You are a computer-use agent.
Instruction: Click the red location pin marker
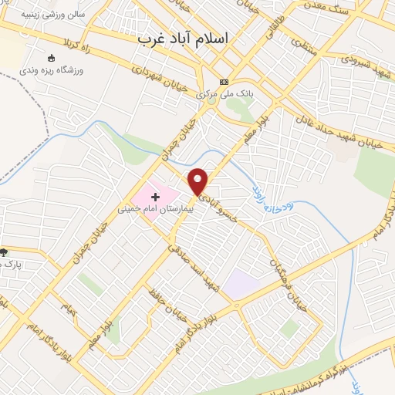pos(199,182)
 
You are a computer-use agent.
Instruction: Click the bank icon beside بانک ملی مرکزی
pos(224,82)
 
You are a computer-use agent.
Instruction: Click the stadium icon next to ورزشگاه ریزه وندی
pos(52,58)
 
